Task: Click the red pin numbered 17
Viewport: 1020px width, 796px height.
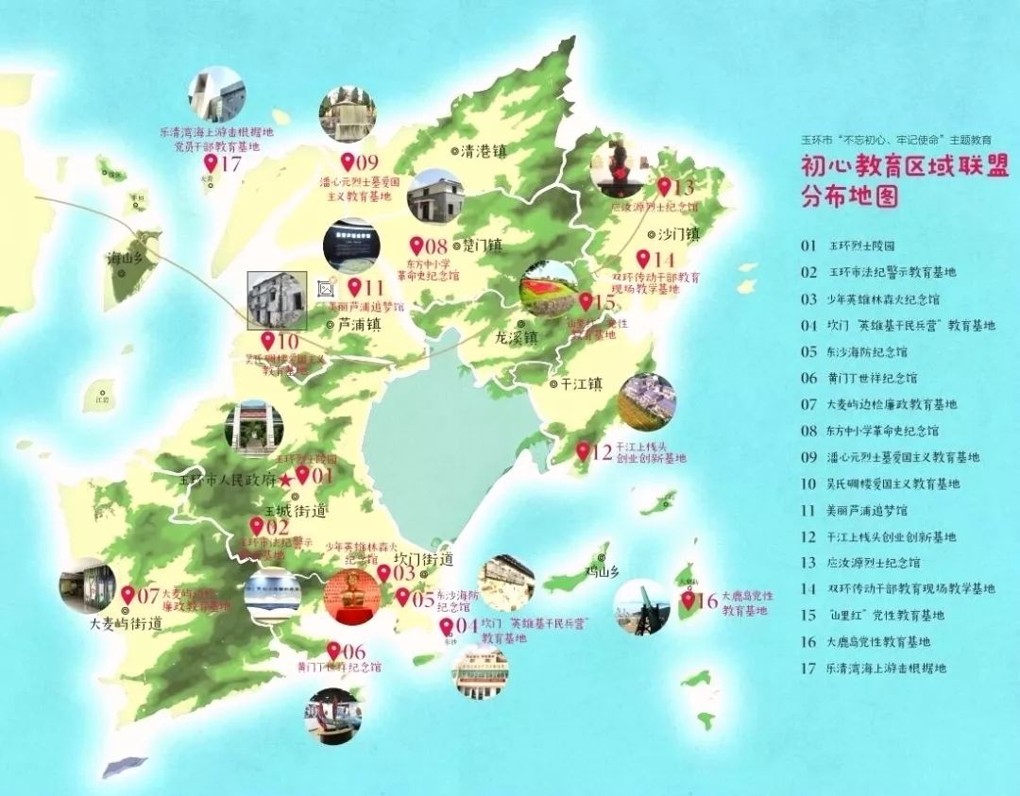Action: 211,164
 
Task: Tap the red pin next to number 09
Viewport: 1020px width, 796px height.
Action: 347,161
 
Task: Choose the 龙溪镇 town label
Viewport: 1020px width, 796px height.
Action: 516,337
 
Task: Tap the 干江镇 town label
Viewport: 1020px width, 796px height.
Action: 581,384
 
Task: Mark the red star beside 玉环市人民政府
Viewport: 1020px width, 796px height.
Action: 286,480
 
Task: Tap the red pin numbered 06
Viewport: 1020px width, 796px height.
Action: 333,650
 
